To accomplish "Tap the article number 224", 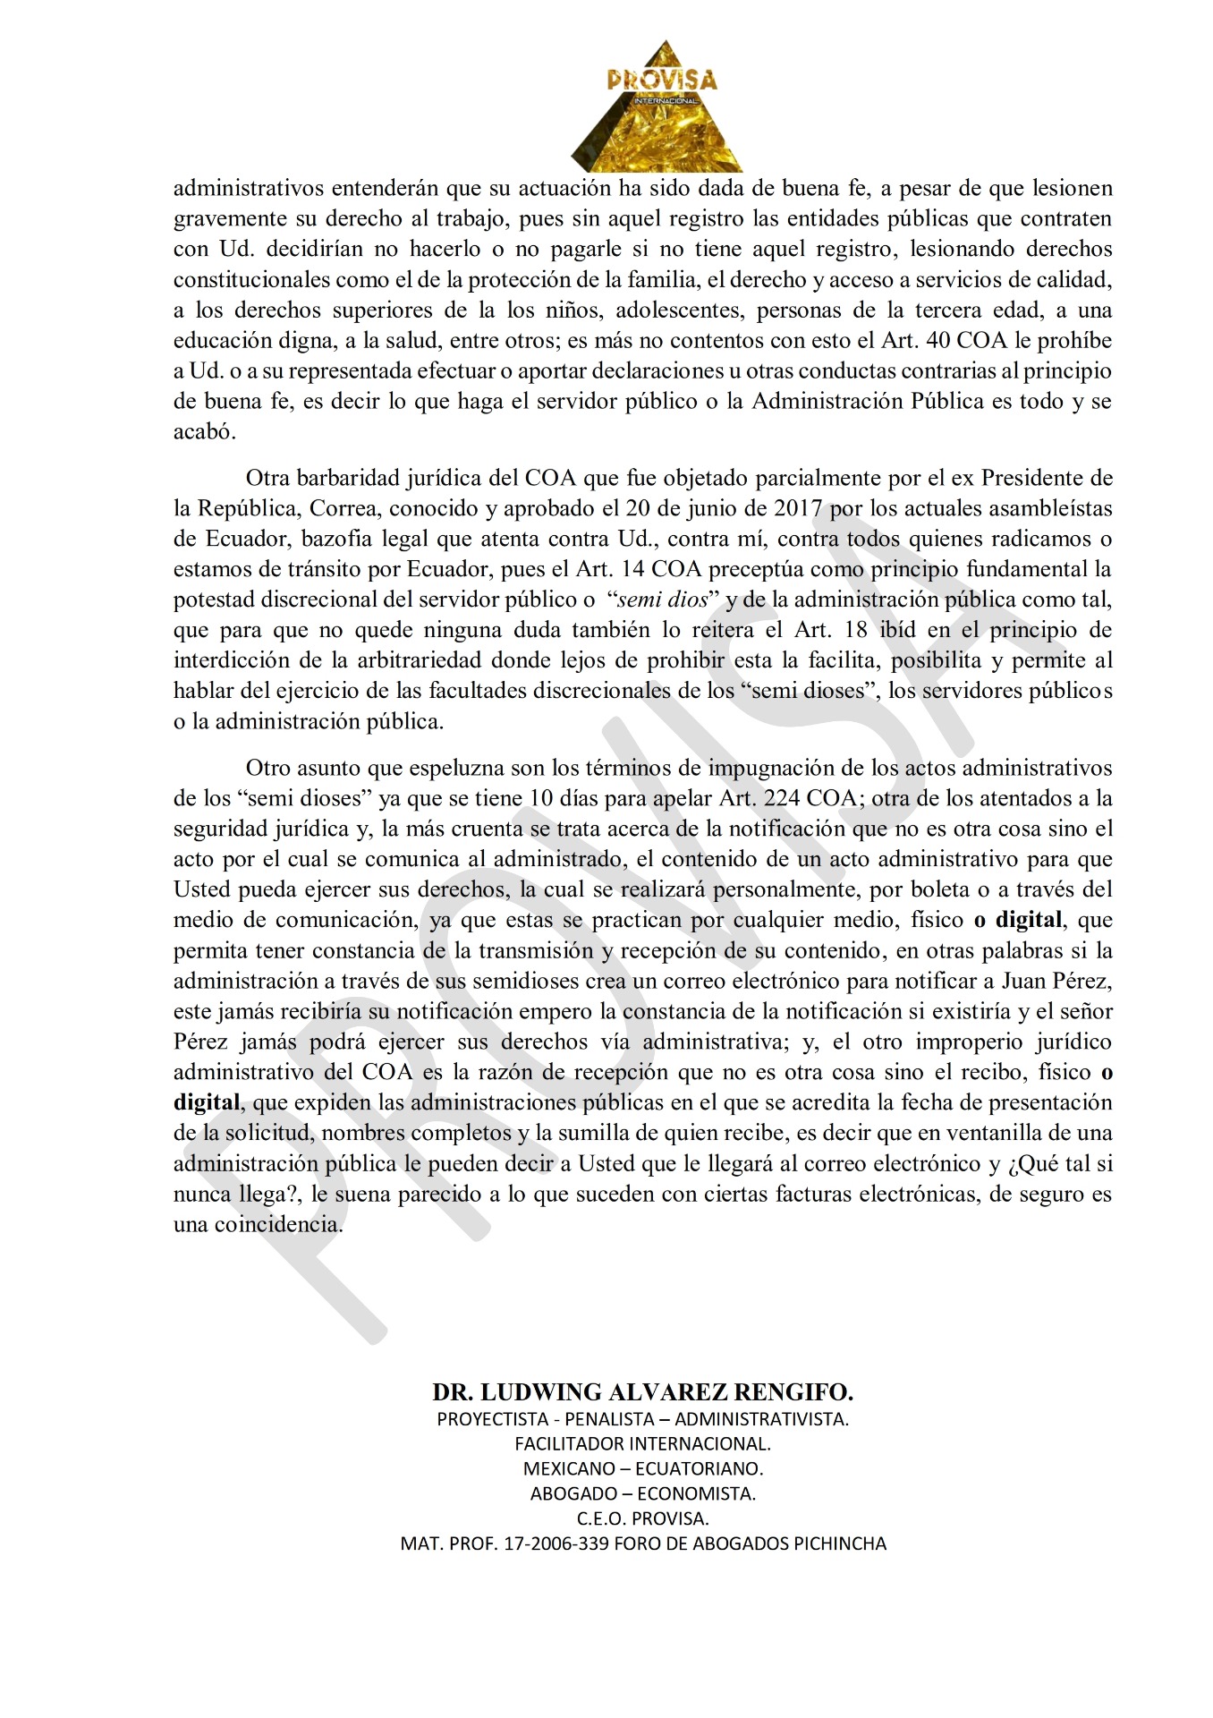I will tap(781, 799).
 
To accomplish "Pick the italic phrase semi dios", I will tap(663, 600).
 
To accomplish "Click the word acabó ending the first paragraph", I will tap(203, 432).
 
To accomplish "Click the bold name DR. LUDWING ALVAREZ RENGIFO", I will tap(642, 1392).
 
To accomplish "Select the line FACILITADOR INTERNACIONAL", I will tap(642, 1443).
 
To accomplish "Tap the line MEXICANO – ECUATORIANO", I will tap(642, 1468).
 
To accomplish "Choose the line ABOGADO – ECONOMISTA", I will tap(642, 1493).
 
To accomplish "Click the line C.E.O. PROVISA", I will tap(642, 1518).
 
